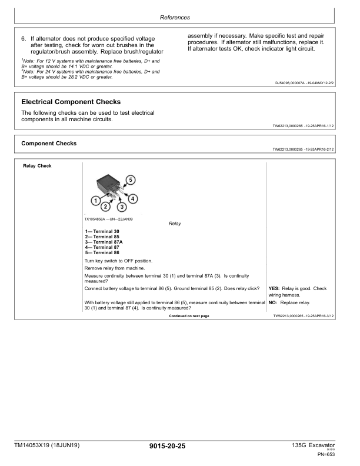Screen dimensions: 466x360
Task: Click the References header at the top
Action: [x=180, y=18]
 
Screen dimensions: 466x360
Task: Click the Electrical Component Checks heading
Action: [x=71, y=102]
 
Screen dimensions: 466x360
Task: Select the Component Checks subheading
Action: [x=49, y=143]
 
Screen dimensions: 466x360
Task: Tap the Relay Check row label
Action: [x=37, y=166]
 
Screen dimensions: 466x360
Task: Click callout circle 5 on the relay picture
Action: [x=131, y=179]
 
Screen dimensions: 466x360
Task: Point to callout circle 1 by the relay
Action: [x=96, y=201]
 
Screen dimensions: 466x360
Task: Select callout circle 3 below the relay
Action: [x=121, y=207]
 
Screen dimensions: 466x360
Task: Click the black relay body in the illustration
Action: [x=106, y=184]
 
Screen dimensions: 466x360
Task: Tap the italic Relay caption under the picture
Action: [x=175, y=224]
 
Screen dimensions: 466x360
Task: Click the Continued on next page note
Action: [x=189, y=316]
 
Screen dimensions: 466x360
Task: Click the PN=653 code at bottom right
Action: [x=326, y=454]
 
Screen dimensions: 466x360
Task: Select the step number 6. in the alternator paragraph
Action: [x=24, y=38]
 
